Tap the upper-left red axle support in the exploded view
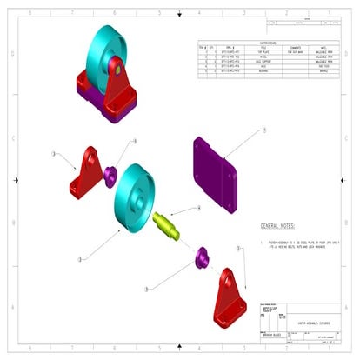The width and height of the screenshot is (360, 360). coord(89,170)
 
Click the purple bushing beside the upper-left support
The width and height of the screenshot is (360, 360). coord(111,174)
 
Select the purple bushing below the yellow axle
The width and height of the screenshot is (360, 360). coord(201,257)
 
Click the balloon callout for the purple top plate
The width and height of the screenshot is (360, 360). coord(263,130)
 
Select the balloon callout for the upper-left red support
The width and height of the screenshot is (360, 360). coord(54,153)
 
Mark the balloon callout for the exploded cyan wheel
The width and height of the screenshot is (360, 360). coord(80,259)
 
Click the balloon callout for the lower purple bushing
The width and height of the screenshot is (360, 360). coord(149,287)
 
